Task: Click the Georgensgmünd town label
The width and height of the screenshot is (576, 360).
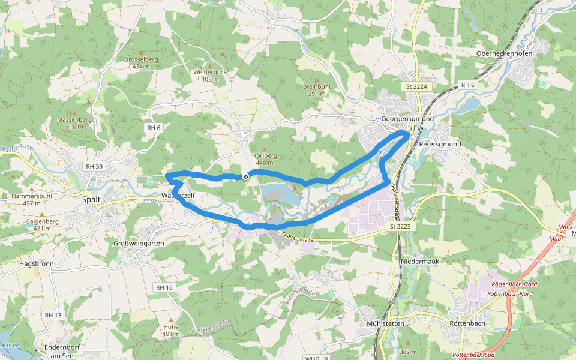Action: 407,119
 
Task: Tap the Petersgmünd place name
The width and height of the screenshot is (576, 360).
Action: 440,145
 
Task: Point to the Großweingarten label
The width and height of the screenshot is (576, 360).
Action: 139,243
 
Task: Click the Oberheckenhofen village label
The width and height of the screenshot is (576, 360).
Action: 504,53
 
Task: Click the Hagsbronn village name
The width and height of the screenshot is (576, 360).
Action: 37,263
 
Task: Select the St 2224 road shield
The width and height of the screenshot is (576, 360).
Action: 416,87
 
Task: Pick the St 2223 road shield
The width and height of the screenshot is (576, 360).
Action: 400,226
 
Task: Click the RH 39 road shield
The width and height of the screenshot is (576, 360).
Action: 94,166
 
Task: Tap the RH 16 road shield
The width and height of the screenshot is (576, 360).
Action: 164,288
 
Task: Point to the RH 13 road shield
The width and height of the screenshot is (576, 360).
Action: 53,315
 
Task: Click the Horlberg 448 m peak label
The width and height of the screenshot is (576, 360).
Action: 265,159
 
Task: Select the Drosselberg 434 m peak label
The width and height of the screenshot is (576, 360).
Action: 141,63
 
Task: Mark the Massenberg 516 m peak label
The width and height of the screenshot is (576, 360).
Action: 74,123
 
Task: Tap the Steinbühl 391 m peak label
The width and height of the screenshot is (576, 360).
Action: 317,90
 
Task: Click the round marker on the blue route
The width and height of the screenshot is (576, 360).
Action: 245,176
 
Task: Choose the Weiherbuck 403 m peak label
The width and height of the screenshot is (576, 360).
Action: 210,76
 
